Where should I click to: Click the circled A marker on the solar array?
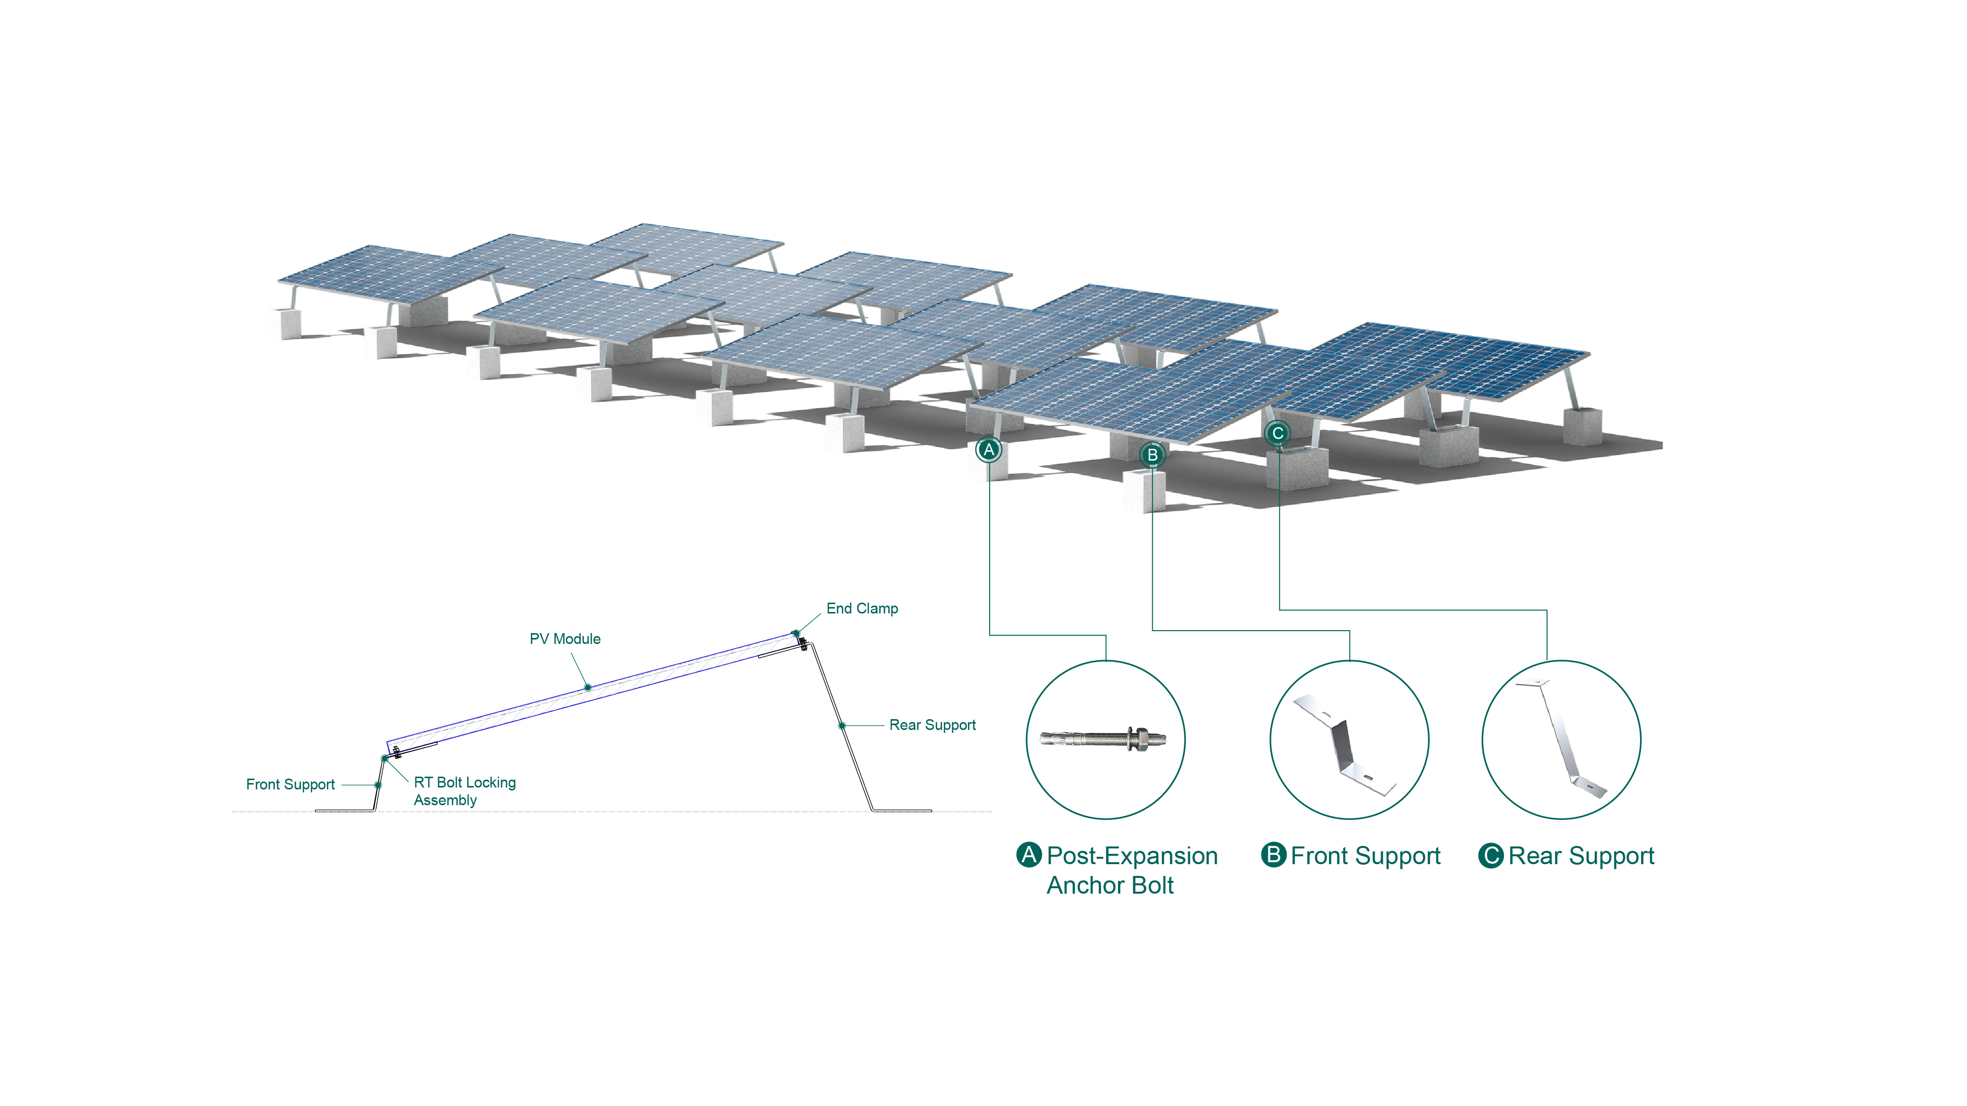tap(989, 450)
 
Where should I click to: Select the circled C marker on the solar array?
tap(1277, 434)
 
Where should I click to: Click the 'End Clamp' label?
tap(862, 609)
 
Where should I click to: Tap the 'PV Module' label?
tap(565, 639)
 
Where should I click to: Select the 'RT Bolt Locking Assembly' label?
tap(464, 791)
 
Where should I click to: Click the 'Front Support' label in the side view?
tap(290, 785)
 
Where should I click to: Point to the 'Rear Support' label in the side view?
tap(932, 725)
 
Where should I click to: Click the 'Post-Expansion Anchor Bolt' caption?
tap(1132, 870)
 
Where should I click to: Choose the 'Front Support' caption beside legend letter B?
tap(1365, 856)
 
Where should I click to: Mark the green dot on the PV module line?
tap(588, 688)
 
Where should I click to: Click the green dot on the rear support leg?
tap(842, 725)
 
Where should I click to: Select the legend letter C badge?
tap(1491, 856)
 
